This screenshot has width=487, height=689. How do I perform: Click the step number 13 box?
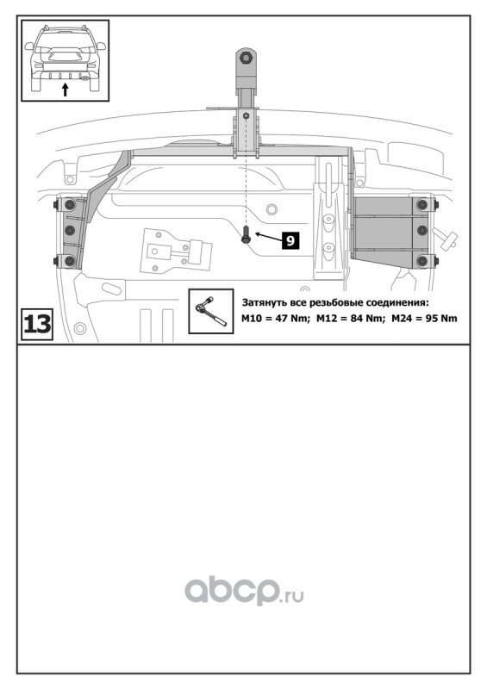point(37,325)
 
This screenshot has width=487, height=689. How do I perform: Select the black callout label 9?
point(290,240)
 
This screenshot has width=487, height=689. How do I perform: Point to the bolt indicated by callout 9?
point(246,235)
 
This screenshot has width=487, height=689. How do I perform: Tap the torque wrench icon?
point(210,311)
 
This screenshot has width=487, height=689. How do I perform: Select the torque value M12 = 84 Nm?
point(351,318)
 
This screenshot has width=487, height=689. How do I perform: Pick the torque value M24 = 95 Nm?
point(424,318)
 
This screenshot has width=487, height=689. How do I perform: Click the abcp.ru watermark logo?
point(244,590)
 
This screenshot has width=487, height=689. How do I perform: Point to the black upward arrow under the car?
point(66,90)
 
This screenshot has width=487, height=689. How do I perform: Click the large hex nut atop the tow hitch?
point(246,58)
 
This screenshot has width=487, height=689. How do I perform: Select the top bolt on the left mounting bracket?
point(70,205)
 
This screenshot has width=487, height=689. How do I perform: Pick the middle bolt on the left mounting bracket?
point(70,230)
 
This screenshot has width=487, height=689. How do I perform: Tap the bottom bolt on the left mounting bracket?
point(70,261)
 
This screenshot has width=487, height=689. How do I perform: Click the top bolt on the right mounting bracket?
point(421,204)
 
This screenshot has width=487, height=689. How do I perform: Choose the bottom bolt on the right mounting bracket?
point(421,261)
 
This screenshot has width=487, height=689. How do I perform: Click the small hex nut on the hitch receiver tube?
point(246,116)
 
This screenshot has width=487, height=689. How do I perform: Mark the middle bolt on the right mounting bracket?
point(421,230)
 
